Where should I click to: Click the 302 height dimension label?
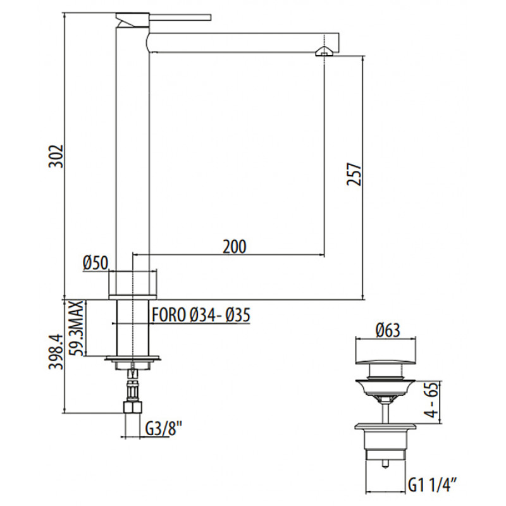click(x=55, y=156)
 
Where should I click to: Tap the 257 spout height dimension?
click(x=354, y=175)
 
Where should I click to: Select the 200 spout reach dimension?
click(x=234, y=247)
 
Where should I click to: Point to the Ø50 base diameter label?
click(x=96, y=262)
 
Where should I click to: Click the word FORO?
click(x=169, y=315)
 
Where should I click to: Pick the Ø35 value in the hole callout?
click(x=238, y=315)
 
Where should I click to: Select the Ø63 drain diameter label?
click(x=388, y=330)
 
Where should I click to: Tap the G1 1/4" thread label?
click(x=433, y=485)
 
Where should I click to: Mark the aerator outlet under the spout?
click(x=323, y=52)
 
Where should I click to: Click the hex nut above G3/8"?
click(x=132, y=407)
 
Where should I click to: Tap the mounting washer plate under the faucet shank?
click(x=132, y=358)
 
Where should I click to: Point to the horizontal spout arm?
click(x=244, y=42)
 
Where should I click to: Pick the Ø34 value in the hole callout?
click(x=201, y=315)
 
